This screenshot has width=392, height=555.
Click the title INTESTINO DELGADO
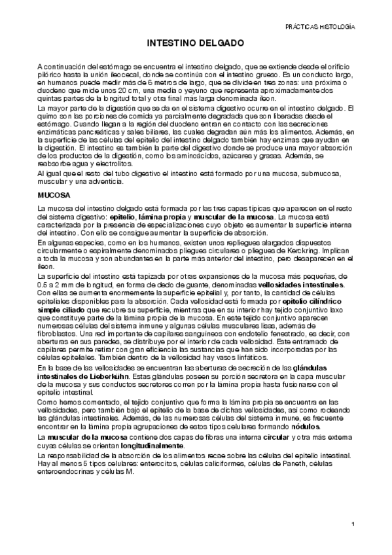tap(196, 44)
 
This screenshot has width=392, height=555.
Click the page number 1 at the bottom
tap(353, 524)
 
